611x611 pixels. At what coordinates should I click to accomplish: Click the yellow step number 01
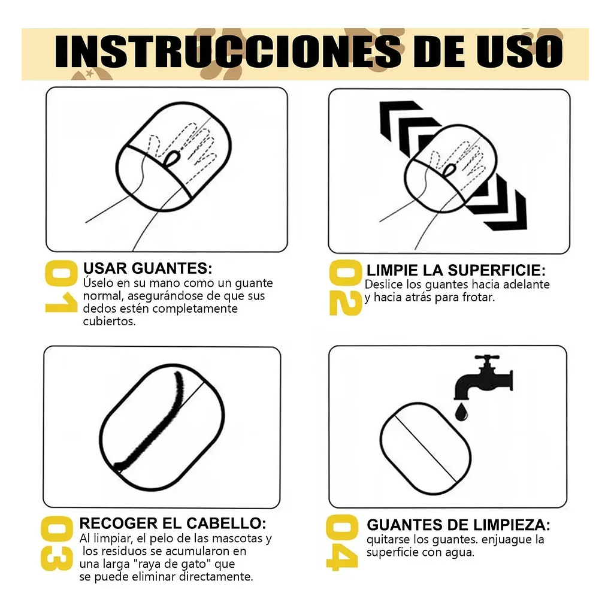pos(61,287)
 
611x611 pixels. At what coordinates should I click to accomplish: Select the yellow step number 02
pos(345,288)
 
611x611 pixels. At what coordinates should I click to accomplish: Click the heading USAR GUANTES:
pos(147,268)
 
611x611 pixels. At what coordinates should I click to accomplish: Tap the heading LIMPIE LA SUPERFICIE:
pos(456,270)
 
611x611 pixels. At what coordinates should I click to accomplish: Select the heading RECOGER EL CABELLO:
pos(173,523)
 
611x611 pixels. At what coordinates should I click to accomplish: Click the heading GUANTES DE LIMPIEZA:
pos(458,525)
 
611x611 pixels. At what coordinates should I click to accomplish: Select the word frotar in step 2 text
pos(476,297)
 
